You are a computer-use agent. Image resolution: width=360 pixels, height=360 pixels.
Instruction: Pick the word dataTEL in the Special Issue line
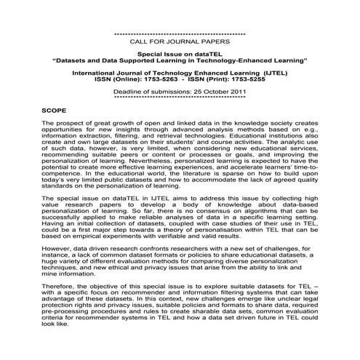pyautogui.click(x=209, y=54)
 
